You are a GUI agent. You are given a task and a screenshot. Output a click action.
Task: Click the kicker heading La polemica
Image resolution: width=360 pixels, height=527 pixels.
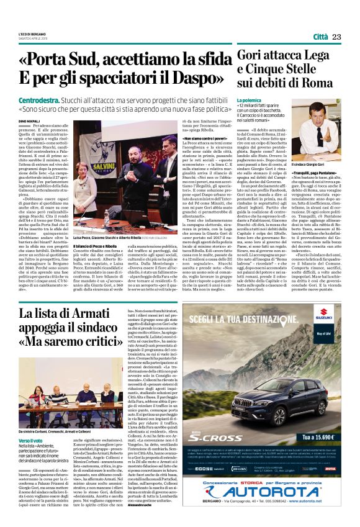[250, 101]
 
